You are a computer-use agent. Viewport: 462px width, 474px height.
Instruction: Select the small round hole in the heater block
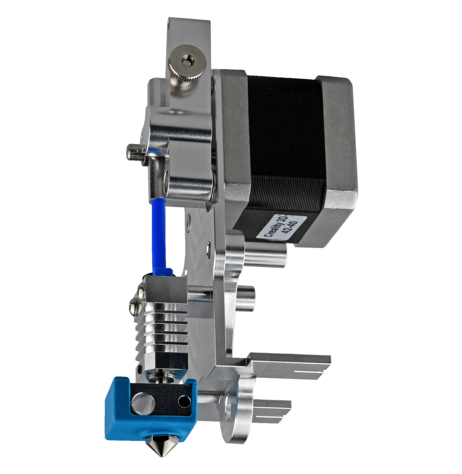(x=184, y=401)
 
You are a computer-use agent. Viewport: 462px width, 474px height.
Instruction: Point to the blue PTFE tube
(x=159, y=236)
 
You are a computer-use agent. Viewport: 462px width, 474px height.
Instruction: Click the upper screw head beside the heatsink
(x=142, y=292)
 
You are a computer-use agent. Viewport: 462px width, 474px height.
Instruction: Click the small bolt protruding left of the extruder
(x=133, y=152)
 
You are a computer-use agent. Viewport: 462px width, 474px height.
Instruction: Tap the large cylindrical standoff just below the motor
(x=264, y=256)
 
